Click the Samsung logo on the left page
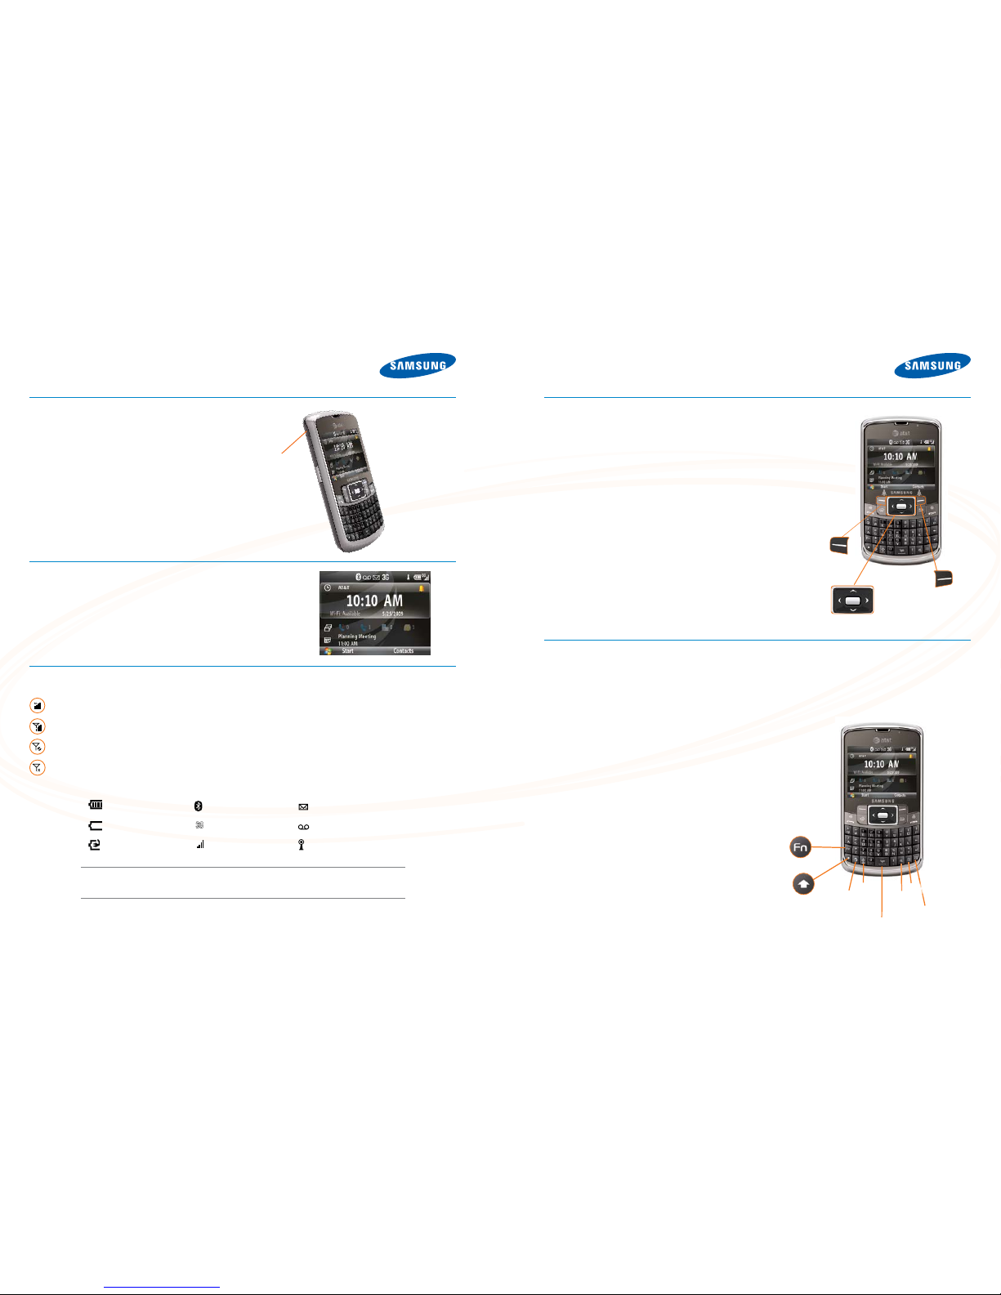coord(417,365)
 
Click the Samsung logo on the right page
coord(932,365)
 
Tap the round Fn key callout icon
coord(800,847)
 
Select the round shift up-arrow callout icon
coord(804,884)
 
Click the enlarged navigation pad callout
coord(852,601)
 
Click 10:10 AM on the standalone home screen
coord(373,601)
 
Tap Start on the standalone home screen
coord(347,651)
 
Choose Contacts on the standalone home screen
coord(403,651)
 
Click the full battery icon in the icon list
coord(96,806)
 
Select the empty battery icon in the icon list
coord(96,826)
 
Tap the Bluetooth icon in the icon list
coord(199,806)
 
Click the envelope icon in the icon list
coord(303,806)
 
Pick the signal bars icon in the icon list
coord(199,845)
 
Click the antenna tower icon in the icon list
coord(302,845)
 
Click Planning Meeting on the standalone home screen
coord(357,636)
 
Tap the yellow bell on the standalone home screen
coord(422,587)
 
